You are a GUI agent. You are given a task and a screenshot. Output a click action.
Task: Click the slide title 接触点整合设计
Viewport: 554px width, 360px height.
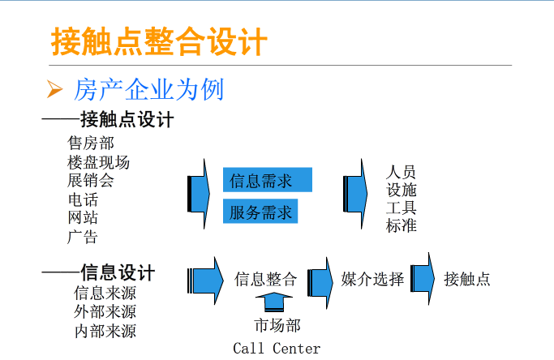coord(159,41)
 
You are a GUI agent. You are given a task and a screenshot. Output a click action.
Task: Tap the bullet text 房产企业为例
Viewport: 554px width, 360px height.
coord(148,89)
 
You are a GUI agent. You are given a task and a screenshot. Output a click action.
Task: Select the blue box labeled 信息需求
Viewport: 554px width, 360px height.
coord(267,180)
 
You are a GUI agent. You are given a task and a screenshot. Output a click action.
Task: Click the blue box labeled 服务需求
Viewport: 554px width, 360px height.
coord(260,212)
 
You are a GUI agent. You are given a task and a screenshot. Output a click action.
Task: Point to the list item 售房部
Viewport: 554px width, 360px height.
coord(91,144)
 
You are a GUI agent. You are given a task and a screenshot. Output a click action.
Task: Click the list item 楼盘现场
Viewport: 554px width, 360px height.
coord(98,162)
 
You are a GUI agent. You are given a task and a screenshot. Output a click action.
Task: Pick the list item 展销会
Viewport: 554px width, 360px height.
coord(91,181)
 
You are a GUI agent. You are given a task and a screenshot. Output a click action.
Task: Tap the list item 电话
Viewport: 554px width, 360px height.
coord(83,199)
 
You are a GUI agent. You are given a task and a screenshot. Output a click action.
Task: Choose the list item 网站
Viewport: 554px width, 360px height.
coord(83,218)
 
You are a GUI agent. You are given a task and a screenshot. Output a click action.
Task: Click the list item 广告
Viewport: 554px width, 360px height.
coord(83,237)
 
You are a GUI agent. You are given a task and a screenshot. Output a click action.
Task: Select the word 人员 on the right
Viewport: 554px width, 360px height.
coord(402,173)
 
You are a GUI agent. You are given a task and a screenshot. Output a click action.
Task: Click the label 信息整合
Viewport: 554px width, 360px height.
coord(266,280)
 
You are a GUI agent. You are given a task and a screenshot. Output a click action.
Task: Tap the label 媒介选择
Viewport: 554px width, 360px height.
coord(372,280)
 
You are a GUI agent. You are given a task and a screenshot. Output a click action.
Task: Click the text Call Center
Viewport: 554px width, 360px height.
coord(277,349)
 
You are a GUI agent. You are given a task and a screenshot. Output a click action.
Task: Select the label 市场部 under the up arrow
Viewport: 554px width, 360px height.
coord(277,326)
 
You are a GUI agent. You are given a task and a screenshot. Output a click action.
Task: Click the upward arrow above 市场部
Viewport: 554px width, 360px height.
coord(277,303)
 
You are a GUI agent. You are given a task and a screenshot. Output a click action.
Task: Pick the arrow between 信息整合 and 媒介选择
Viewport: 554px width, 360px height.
coord(320,280)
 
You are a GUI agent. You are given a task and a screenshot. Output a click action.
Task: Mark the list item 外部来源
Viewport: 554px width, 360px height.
coord(105,311)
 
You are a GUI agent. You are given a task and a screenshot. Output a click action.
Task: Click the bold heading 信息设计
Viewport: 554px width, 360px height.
coord(118,273)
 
